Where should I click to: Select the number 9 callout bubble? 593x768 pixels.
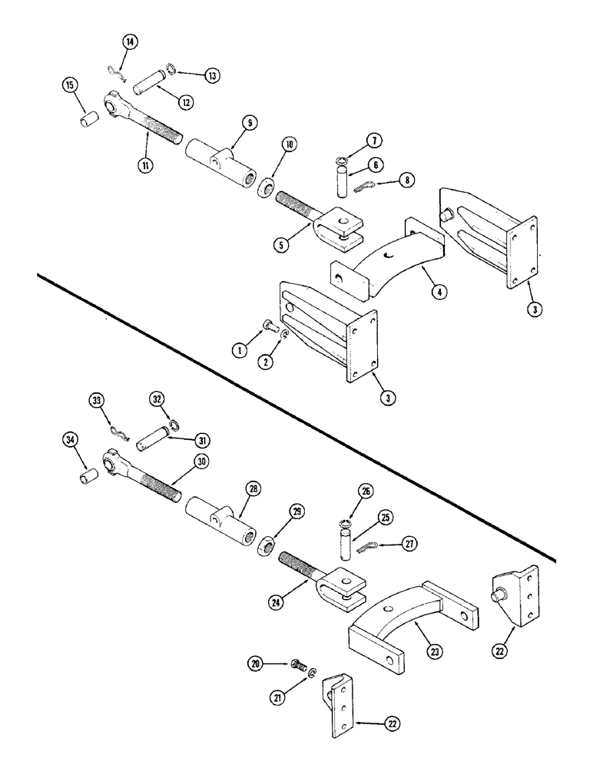[x=230, y=122]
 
